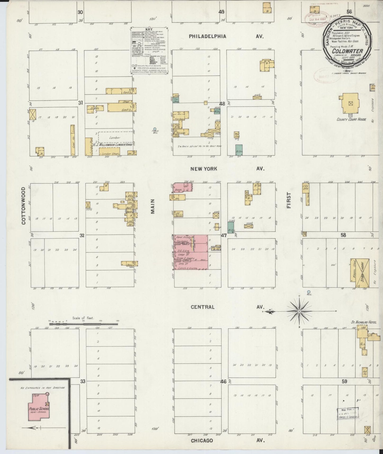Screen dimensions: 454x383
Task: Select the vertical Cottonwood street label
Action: (x=23, y=206)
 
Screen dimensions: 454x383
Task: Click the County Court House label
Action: (x=351, y=119)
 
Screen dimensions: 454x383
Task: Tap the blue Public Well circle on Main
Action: (x=155, y=129)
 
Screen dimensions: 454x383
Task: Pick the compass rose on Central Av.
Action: (x=299, y=311)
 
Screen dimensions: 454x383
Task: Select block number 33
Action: (x=83, y=381)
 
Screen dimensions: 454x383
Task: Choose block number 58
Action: (x=344, y=235)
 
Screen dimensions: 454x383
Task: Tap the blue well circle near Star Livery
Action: (x=309, y=292)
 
